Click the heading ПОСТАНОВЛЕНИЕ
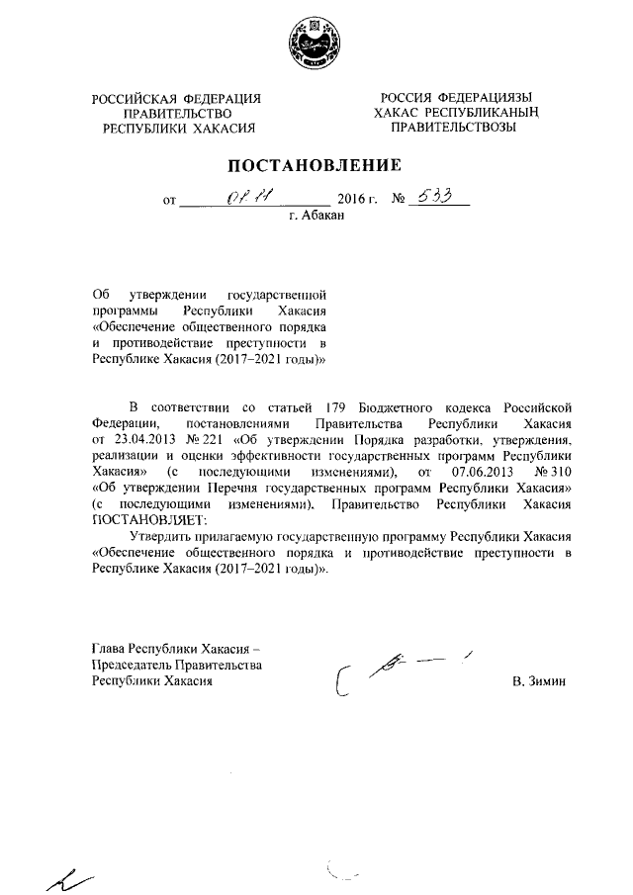316,164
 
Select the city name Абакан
323,216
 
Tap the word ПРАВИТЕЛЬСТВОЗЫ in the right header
455,128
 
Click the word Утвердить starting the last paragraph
164,536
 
